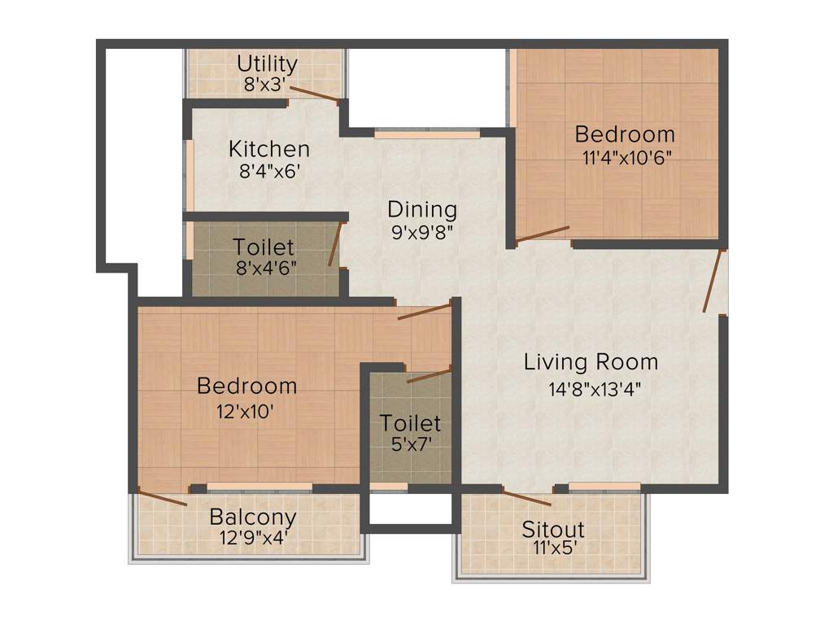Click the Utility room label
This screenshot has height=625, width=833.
pos(267,63)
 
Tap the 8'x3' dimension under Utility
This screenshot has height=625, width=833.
pos(267,83)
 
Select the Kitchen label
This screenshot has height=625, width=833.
pos(268,150)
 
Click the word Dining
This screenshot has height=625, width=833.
pos(421,209)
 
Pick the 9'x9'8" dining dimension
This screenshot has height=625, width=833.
pos(421,231)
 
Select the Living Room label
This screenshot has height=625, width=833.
pos(591,361)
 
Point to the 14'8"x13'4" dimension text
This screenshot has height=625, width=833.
pos(595,388)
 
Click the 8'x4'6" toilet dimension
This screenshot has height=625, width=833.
pos(264,267)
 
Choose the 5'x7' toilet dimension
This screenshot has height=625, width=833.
pos(410,445)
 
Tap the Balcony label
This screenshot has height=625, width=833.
pos(252,517)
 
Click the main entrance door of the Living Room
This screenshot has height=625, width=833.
pos(713,281)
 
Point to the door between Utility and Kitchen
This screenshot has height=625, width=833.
pos(315,94)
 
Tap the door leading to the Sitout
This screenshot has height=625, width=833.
pos(526,498)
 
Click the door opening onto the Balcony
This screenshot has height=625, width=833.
pos(163,497)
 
